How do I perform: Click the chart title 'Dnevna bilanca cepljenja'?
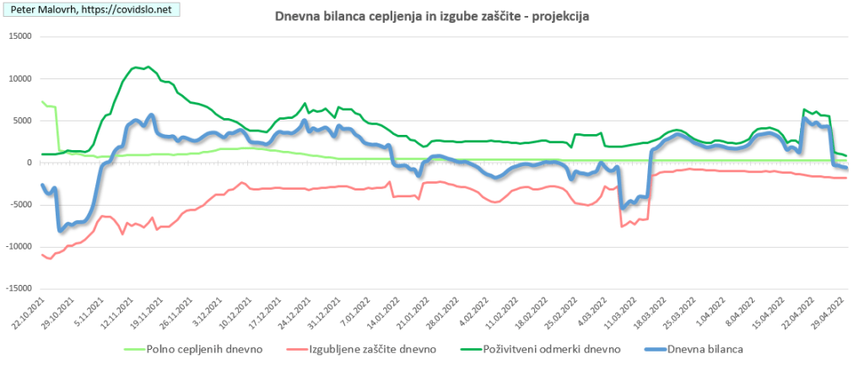tap(432, 17)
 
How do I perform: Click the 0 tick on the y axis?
tap(28, 163)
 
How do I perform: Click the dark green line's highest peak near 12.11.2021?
tap(148, 67)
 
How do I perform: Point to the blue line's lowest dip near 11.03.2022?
tap(623, 207)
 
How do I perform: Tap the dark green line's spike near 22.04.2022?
tap(805, 110)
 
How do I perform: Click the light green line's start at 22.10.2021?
tap(42, 102)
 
